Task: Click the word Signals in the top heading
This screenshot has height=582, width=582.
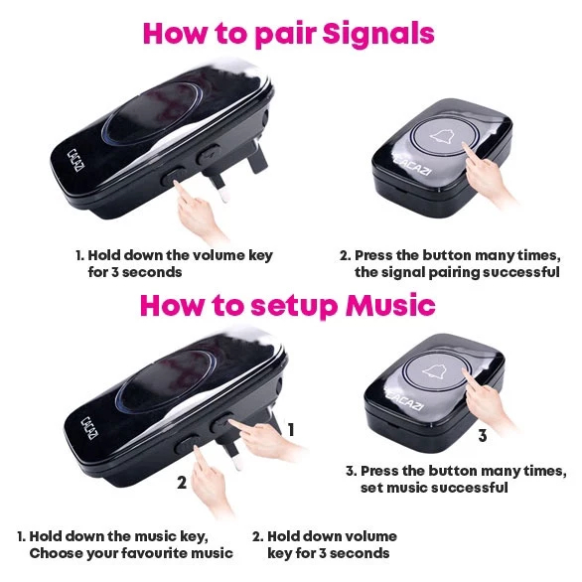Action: click(x=378, y=35)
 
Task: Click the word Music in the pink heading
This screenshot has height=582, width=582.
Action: click(x=389, y=305)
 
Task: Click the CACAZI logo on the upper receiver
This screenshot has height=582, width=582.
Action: click(x=74, y=160)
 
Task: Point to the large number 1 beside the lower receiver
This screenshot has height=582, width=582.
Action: click(x=291, y=429)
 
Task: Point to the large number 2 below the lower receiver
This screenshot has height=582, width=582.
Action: click(x=182, y=482)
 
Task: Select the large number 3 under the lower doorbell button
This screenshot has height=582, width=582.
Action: click(x=482, y=435)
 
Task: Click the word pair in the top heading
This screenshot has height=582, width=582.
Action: click(x=286, y=36)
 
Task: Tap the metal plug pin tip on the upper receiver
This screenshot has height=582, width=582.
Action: click(x=223, y=197)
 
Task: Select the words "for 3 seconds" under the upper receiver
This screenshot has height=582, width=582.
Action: click(x=135, y=272)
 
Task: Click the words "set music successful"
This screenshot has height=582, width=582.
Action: click(x=434, y=487)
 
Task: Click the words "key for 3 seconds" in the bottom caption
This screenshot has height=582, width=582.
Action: click(x=329, y=553)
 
